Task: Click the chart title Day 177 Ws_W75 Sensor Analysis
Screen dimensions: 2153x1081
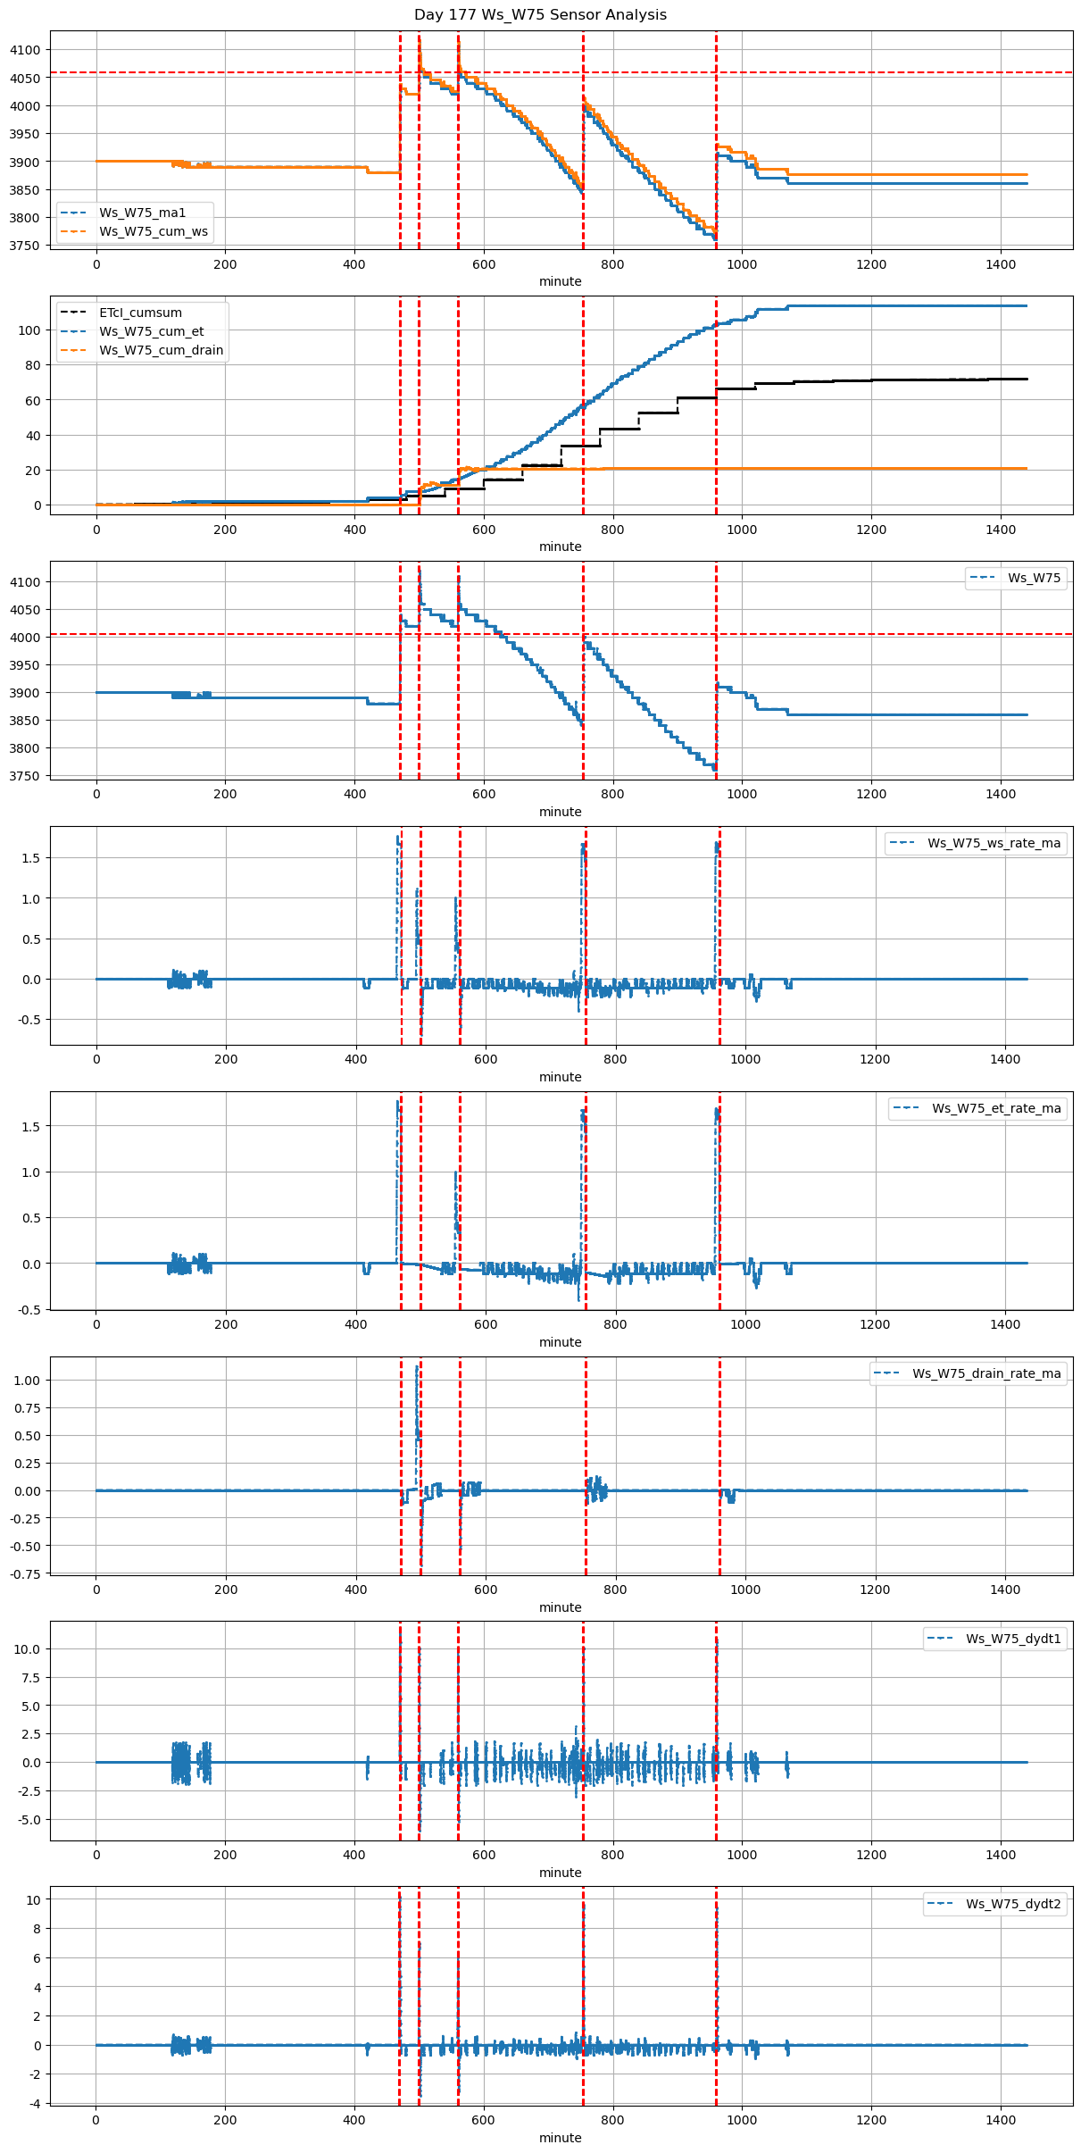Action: click(540, 15)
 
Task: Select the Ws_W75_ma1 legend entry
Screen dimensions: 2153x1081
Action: click(142, 213)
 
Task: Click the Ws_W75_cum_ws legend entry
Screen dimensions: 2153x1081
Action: click(154, 231)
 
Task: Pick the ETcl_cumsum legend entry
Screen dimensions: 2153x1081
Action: click(140, 313)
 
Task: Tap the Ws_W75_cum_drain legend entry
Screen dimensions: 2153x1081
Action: click(161, 350)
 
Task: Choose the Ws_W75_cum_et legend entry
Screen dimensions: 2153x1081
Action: click(151, 331)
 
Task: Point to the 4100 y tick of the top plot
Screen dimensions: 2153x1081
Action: click(25, 50)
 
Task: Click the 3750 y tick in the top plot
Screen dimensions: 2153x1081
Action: click(25, 246)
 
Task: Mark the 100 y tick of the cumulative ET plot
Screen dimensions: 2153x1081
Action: click(30, 330)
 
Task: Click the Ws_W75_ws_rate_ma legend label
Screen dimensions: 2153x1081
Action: click(994, 843)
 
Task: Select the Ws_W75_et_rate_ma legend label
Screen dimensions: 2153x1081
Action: click(996, 1108)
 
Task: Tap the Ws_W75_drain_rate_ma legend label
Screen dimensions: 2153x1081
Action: click(986, 1373)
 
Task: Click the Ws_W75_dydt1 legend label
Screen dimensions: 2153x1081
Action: click(1013, 1639)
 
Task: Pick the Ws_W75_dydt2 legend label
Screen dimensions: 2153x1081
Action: click(1013, 1904)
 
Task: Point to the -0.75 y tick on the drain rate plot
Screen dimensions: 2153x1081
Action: click(27, 1574)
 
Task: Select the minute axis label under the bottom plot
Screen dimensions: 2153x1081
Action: click(560, 2138)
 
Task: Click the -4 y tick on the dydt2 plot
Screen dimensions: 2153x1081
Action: click(34, 2103)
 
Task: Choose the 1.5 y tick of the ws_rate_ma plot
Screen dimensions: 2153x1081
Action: click(32, 858)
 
